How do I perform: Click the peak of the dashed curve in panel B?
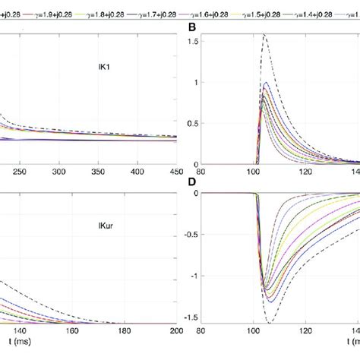(x=264, y=35)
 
